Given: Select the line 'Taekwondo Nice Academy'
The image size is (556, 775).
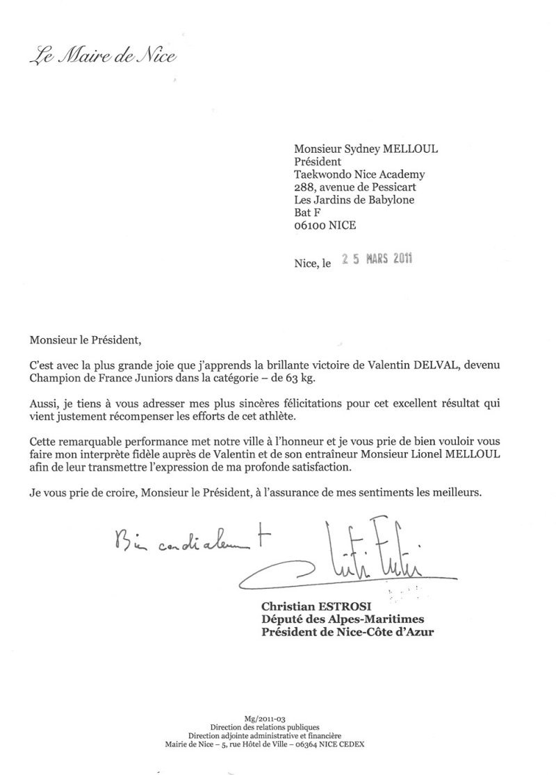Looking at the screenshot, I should pyautogui.click(x=359, y=174).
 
